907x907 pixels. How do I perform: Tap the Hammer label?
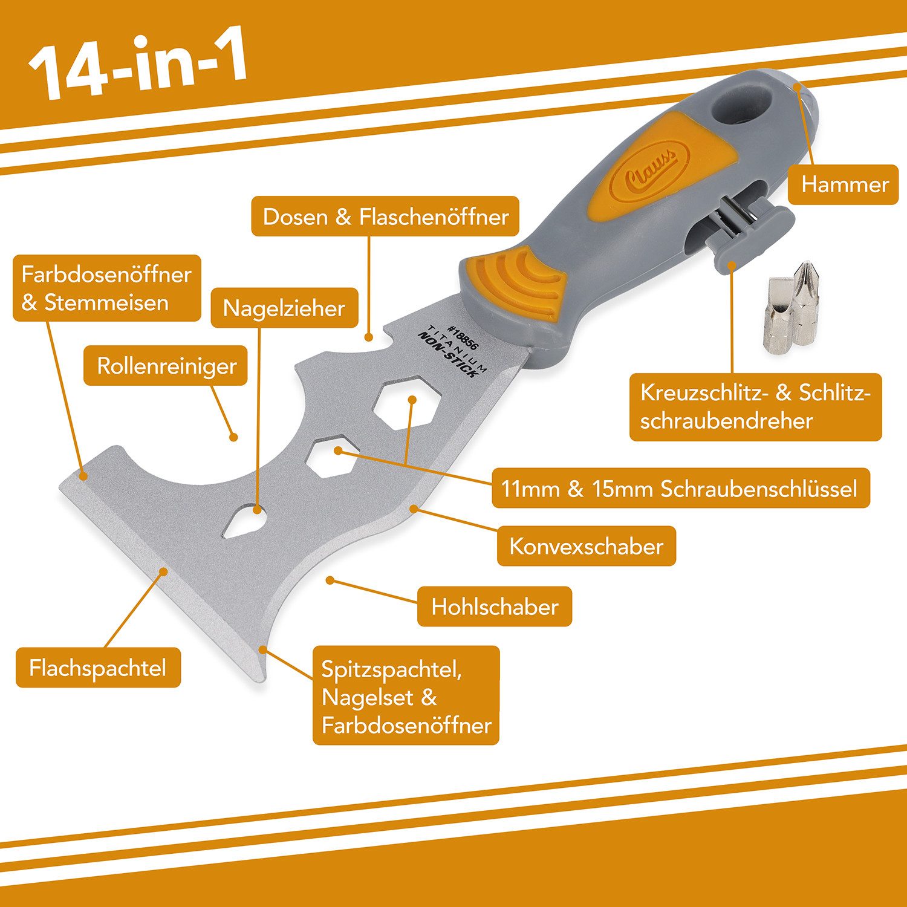(x=844, y=184)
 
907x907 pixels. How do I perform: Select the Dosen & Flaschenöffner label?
(x=385, y=216)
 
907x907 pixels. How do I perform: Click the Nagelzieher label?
(x=284, y=308)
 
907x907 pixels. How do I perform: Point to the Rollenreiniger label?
(x=166, y=366)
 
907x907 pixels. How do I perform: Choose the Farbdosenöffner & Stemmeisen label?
(x=106, y=288)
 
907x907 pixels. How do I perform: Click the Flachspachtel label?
(x=98, y=668)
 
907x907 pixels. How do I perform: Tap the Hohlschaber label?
(x=494, y=606)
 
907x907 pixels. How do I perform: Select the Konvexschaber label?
(x=586, y=546)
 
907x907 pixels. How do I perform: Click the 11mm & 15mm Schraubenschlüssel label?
(x=680, y=488)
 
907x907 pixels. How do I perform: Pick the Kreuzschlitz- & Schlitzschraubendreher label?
(x=755, y=407)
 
